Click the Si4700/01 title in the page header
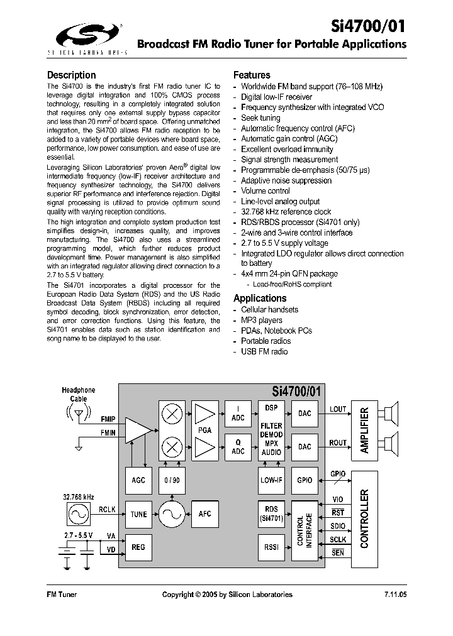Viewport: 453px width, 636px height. point(368,25)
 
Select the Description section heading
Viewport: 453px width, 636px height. point(72,75)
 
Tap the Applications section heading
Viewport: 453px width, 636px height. point(260,298)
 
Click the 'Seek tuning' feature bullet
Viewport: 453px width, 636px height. point(260,118)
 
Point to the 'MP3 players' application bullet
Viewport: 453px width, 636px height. point(262,320)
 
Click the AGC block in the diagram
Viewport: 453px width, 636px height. point(138,480)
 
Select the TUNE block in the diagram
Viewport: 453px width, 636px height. point(138,514)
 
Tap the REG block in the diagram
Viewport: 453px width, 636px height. point(138,547)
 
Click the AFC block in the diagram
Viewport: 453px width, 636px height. point(205,514)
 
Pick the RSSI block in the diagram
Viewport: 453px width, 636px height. point(271,547)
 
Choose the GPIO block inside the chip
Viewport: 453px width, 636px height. point(305,480)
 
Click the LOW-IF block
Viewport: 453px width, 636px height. point(271,480)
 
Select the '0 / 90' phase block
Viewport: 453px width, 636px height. point(171,480)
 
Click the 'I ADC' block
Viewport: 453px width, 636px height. point(238,412)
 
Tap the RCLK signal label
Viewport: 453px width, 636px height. point(107,509)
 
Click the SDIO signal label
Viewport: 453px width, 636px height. point(338,525)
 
